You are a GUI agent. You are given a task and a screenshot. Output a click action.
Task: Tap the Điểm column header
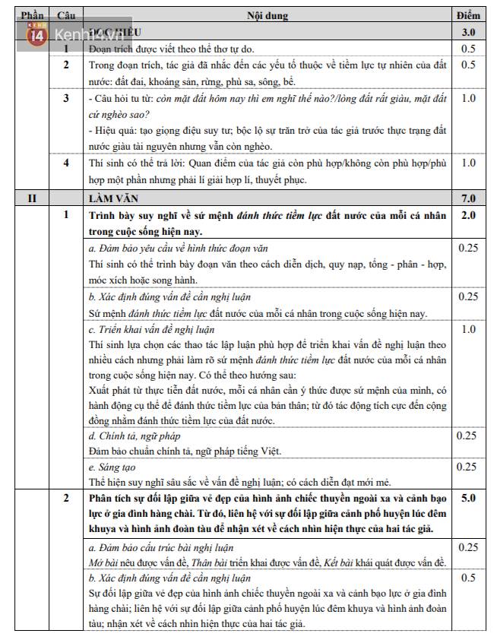468,16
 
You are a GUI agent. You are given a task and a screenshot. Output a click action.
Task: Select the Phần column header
33,16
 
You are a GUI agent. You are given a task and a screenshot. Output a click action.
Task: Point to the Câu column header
66,16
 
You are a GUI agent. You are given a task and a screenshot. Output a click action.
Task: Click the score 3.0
468,33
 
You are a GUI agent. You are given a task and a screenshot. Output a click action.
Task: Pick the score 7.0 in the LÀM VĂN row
468,199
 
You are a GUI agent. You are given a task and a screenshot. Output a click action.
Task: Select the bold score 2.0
468,215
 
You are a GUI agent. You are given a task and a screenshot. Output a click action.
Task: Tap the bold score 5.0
468,499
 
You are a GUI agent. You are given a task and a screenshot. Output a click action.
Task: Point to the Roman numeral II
33,199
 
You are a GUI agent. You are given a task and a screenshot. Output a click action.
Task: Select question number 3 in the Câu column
66,98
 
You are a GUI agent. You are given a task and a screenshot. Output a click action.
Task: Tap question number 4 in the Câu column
66,162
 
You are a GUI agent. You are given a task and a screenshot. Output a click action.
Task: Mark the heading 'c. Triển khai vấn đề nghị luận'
151,329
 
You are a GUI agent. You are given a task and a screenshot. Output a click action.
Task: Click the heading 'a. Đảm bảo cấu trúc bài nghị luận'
160,547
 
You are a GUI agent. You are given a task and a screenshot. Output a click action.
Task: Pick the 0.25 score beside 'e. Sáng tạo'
468,467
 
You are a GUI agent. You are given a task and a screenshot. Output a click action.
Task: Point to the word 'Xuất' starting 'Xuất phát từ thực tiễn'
100,390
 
